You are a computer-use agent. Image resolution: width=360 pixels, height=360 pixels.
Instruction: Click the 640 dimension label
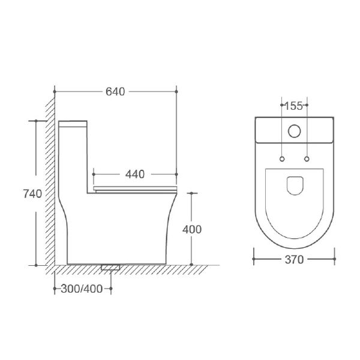[115, 92]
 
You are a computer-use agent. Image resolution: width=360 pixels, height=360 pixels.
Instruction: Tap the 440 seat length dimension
[135, 175]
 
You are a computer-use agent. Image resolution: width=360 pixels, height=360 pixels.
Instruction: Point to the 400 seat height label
[192, 229]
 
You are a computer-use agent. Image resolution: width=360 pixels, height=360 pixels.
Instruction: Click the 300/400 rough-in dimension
[82, 289]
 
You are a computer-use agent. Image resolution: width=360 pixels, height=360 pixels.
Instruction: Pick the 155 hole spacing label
[293, 106]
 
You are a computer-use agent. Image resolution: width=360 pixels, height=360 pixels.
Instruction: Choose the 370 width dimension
[295, 260]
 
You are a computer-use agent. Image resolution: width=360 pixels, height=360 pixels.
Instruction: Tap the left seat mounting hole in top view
[281, 158]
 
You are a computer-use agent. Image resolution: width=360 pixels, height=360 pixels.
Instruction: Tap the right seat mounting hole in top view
[307, 158]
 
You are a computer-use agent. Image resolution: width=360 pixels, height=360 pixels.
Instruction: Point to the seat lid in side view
[136, 189]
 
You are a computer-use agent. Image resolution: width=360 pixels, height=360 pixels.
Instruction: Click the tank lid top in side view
[74, 122]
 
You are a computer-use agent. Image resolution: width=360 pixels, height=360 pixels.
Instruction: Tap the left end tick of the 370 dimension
[255, 260]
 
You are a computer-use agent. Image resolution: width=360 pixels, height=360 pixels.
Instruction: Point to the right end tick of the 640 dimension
[177, 92]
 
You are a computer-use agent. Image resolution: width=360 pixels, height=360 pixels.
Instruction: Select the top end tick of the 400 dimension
[191, 194]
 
